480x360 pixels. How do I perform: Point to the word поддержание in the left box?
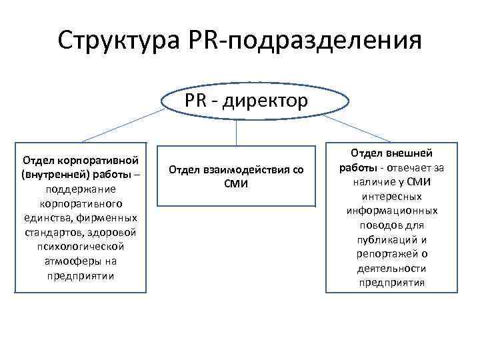pos(80,189)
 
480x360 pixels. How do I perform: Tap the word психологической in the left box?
pos(80,247)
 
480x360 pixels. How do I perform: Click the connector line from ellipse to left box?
pos(123,126)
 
